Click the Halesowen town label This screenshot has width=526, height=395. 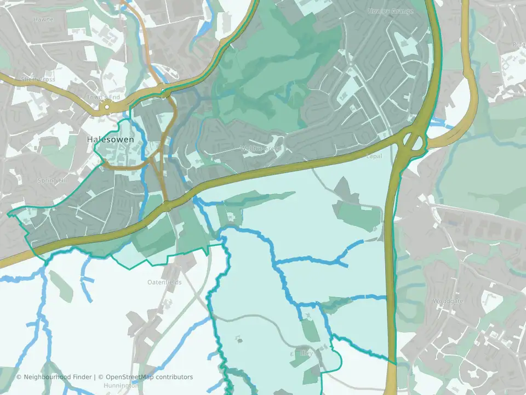tap(110, 140)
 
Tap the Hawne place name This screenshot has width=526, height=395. tap(44, 19)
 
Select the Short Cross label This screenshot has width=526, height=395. tap(38, 79)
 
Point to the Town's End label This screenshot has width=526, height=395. tap(103, 98)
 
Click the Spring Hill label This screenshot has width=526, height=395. tap(52, 180)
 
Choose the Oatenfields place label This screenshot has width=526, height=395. tap(164, 282)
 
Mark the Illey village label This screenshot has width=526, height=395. tap(307, 353)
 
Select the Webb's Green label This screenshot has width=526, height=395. tap(261, 148)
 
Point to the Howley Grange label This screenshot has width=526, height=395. tap(387, 11)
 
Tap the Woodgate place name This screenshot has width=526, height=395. tap(448, 301)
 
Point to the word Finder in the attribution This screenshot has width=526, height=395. tap(83, 377)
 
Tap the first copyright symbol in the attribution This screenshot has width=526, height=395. tap(19, 377)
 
